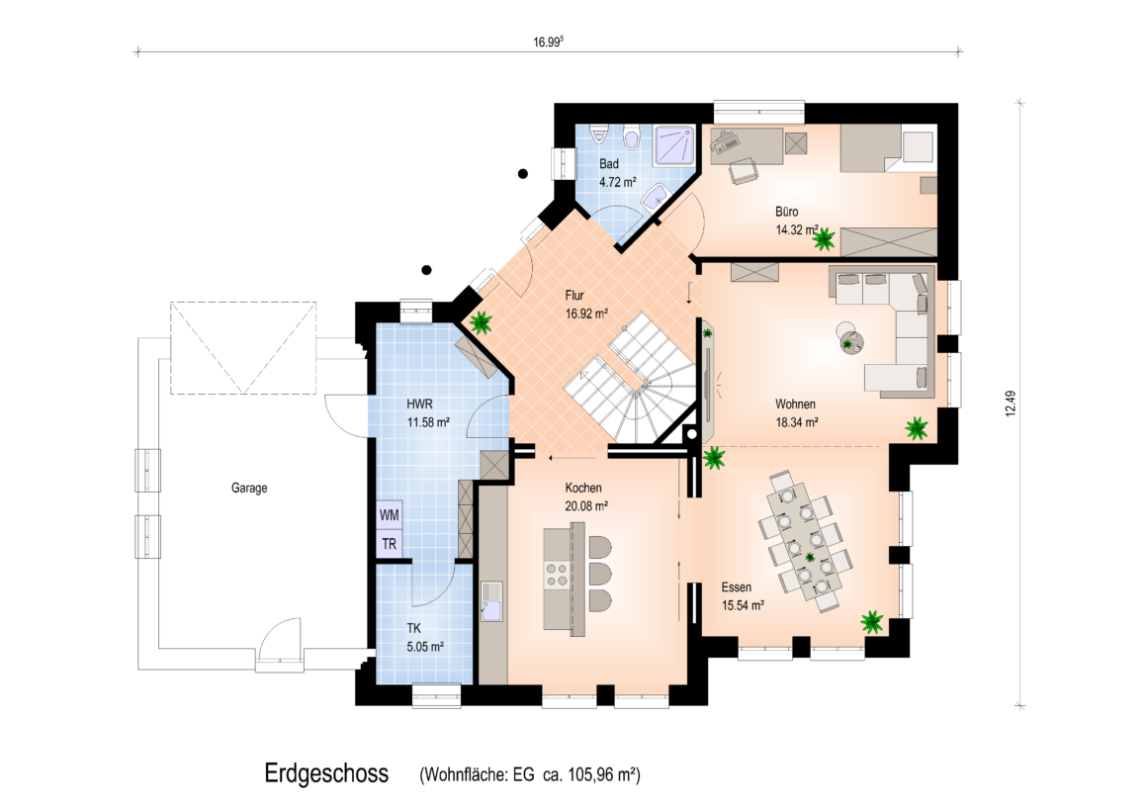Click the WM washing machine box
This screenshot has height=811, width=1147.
[x=390, y=515]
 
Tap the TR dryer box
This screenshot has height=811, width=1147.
[x=390, y=545]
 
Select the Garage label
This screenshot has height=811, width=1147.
[x=249, y=488]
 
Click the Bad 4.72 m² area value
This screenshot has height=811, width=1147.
[x=617, y=182]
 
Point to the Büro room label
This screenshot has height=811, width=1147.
[x=787, y=212]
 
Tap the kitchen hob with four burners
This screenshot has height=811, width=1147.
[x=557, y=575]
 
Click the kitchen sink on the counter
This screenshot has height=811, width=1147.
[x=491, y=601]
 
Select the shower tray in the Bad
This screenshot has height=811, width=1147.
[x=673, y=145]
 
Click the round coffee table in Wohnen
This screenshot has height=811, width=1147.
[x=849, y=339]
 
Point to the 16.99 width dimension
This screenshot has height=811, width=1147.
[x=548, y=42]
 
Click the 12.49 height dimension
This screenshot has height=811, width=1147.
[x=1011, y=404]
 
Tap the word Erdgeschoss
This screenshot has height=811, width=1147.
[x=326, y=773]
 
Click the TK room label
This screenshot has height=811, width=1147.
[x=414, y=628]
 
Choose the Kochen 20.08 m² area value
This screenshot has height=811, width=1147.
[x=586, y=505]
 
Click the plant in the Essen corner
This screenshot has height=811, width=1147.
[x=872, y=622]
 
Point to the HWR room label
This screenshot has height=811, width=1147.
[x=420, y=405]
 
